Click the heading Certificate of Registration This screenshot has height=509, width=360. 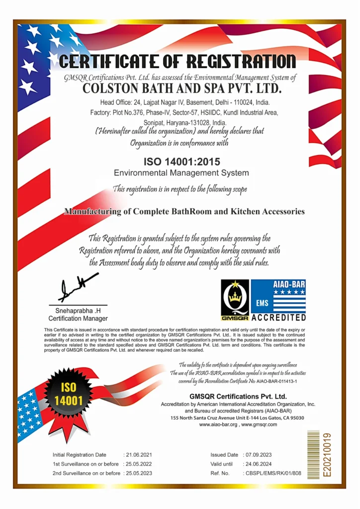pyautogui.click(x=178, y=62)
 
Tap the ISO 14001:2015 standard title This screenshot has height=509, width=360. pyautogui.click(x=181, y=162)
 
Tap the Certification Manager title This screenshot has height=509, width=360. pyautogui.click(x=78, y=318)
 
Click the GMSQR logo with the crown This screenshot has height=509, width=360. pyautogui.click(x=235, y=300)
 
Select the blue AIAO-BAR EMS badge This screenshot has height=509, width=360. pyautogui.click(x=278, y=295)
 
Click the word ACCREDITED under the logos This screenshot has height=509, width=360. pyautogui.click(x=278, y=317)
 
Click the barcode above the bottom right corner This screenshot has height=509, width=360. pyautogui.click(x=313, y=454)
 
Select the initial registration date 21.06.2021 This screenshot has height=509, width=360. pyautogui.click(x=139, y=455)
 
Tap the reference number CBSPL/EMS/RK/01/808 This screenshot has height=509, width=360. pyautogui.click(x=273, y=473)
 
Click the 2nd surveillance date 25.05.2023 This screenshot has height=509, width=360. pyautogui.click(x=139, y=473)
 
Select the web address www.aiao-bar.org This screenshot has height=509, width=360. pyautogui.click(x=218, y=424)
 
